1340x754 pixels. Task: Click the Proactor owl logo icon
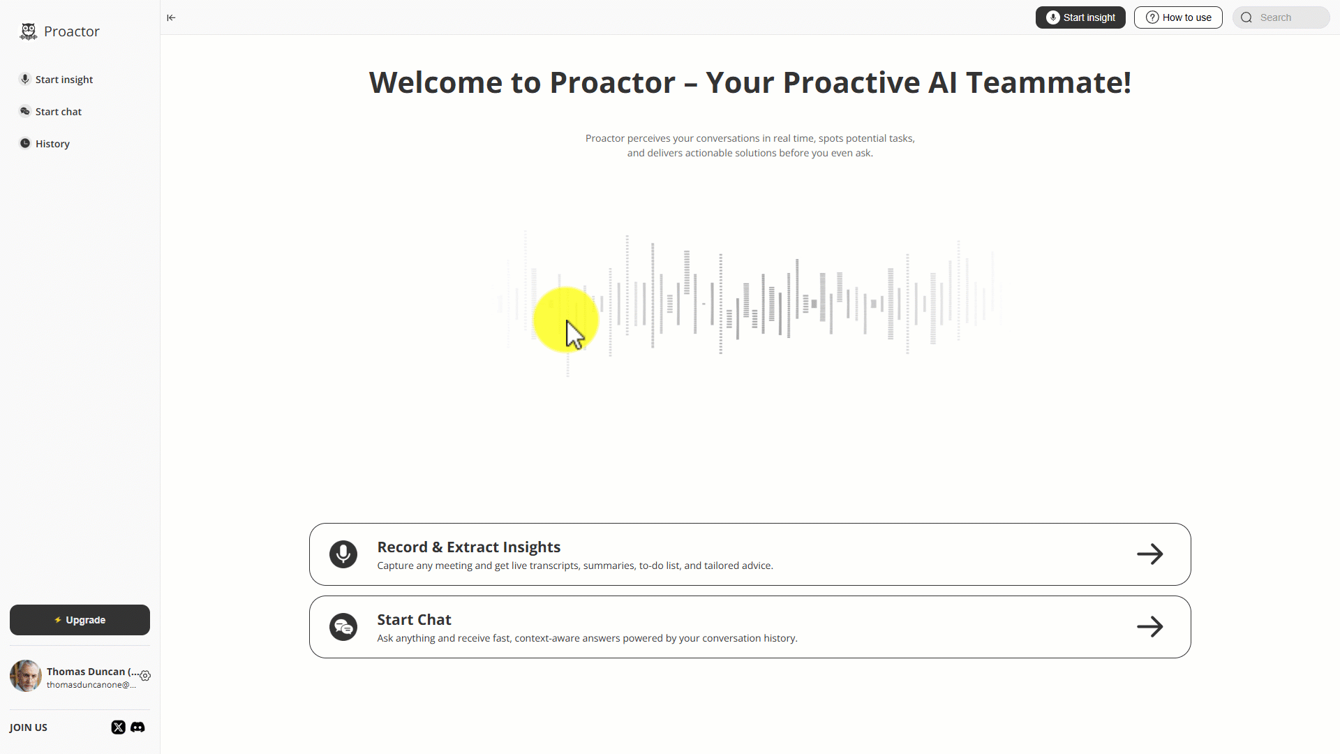(x=29, y=31)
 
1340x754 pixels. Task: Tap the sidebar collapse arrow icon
(x=171, y=17)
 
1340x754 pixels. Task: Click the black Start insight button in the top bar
(x=1080, y=17)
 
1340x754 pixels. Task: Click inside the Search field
(x=1281, y=17)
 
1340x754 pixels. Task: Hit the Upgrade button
(x=80, y=620)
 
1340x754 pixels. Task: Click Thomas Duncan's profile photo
(x=26, y=676)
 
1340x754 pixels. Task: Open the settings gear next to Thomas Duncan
(x=145, y=676)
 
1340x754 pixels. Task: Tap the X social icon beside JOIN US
(x=119, y=727)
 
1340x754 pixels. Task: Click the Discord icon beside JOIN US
(x=137, y=727)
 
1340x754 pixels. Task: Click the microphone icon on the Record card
(x=343, y=554)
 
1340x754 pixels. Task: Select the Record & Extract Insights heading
(x=469, y=547)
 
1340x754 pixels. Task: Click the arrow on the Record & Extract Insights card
(x=1150, y=554)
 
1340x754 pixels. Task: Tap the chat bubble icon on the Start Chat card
(x=343, y=627)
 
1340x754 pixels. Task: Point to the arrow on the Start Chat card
(x=1150, y=627)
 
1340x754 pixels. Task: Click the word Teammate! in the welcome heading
(x=1049, y=82)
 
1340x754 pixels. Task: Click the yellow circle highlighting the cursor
(x=566, y=320)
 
